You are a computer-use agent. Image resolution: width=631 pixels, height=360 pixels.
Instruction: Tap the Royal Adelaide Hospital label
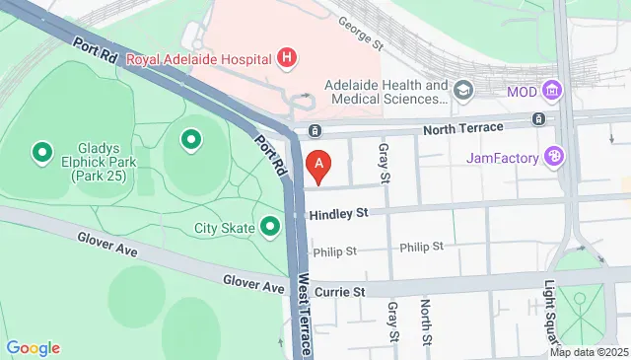point(203,56)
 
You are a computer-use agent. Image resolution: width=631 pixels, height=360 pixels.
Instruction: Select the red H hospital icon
point(287,56)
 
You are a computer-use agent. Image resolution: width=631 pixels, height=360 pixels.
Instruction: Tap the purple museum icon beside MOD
point(552,92)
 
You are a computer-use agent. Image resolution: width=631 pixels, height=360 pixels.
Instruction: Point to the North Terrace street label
point(462,127)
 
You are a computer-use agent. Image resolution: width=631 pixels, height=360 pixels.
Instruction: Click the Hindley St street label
point(337,213)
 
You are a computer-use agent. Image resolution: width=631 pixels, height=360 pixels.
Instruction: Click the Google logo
point(34,347)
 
